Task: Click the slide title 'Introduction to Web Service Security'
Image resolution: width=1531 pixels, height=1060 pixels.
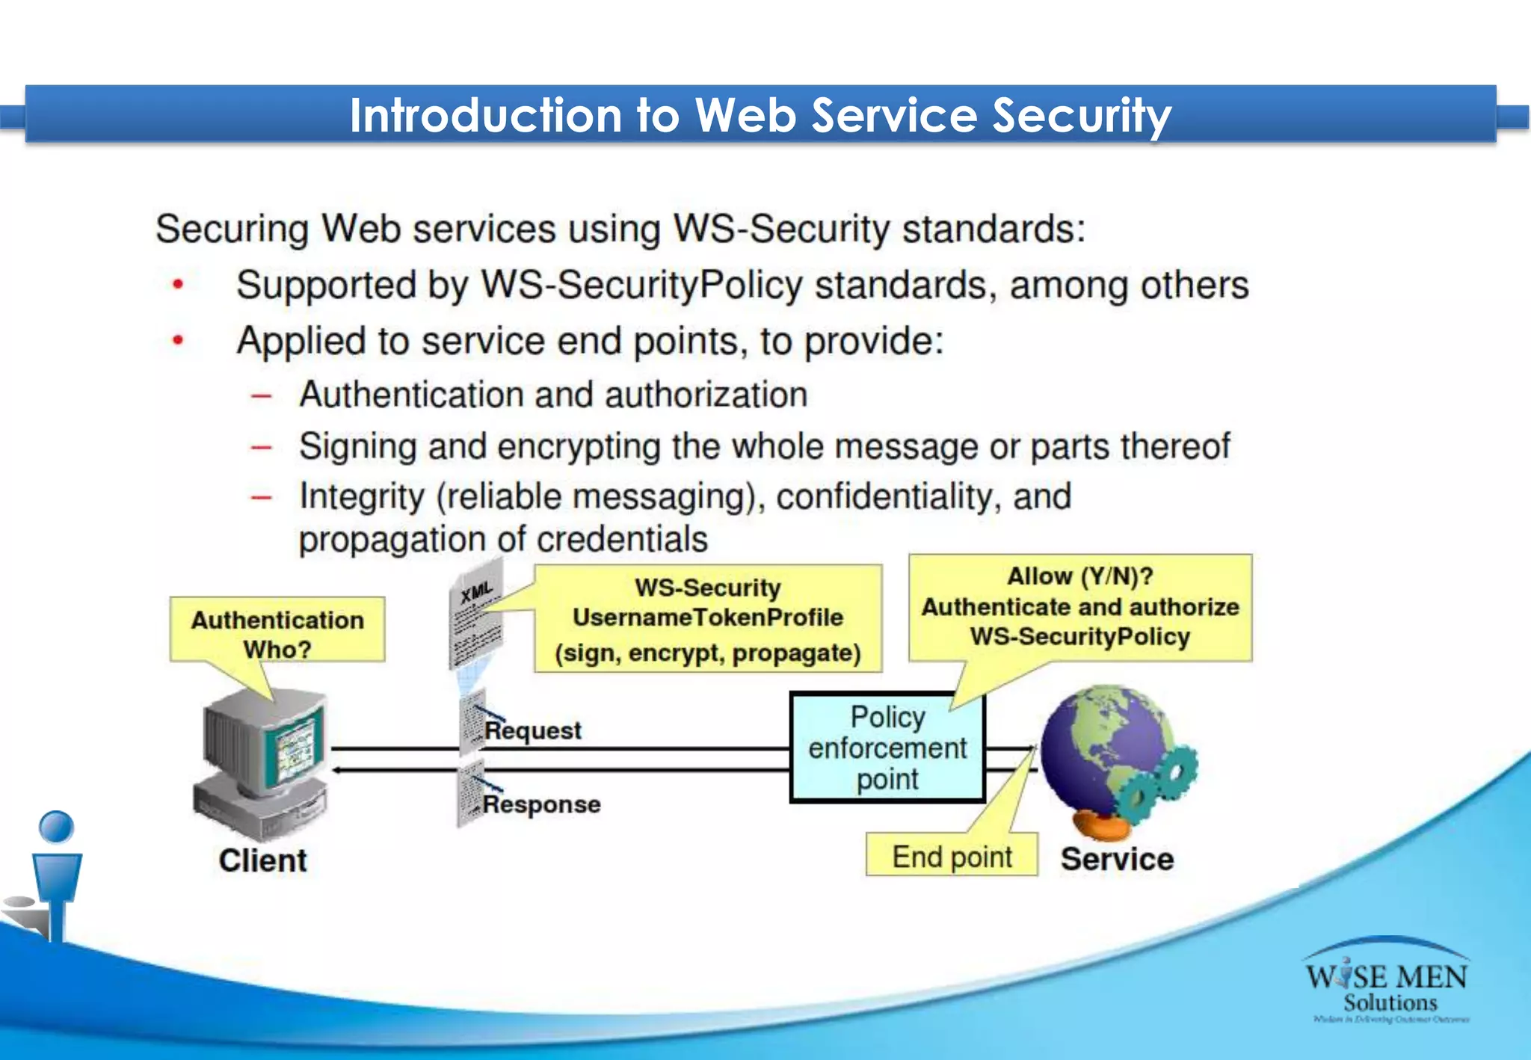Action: coord(760,116)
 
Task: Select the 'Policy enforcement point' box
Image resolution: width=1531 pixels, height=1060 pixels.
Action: coord(887,748)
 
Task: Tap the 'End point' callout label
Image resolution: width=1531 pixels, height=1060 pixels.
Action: coord(952,857)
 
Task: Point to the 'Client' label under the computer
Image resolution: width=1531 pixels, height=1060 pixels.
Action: coord(262,860)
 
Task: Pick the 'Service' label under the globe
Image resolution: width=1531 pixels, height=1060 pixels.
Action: coord(1117,859)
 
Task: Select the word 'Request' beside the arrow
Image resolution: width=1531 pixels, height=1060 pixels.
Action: coord(533,730)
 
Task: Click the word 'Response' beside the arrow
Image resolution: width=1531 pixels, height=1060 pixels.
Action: coord(541,804)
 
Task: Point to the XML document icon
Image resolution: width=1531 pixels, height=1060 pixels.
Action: coord(476,617)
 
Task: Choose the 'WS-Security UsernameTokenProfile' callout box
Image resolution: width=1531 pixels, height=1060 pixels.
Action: coord(707,619)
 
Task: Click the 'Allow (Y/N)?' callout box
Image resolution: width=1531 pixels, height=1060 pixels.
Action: coord(1079,606)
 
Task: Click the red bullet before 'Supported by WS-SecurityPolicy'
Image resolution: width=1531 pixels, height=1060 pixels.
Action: coord(178,285)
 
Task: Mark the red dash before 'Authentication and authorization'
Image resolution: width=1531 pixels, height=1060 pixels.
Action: coord(261,395)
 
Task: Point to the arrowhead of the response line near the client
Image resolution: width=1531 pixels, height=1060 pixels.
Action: coord(337,769)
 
